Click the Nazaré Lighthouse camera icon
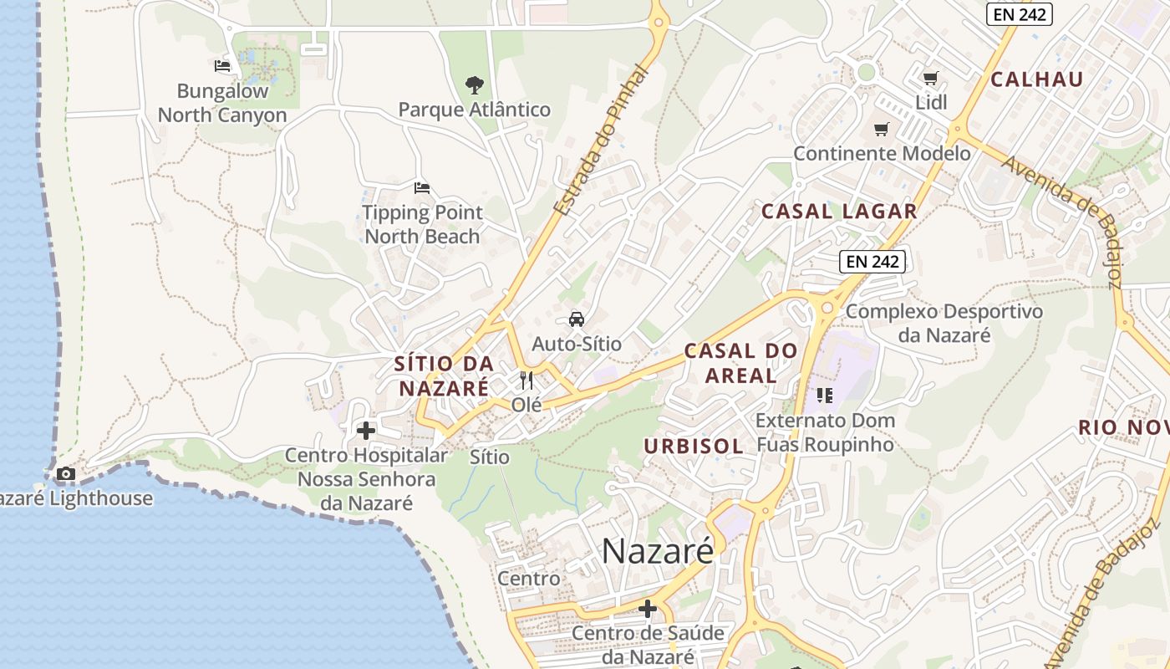pyautogui.click(x=65, y=474)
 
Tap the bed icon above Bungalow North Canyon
pyautogui.click(x=222, y=66)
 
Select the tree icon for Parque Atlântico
pyautogui.click(x=474, y=84)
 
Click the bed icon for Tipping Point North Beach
pyautogui.click(x=422, y=187)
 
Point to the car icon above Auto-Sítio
pyautogui.click(x=577, y=319)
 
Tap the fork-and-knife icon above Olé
pyautogui.click(x=526, y=380)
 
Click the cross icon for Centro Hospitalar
pyautogui.click(x=366, y=431)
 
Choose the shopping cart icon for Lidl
pyautogui.click(x=931, y=79)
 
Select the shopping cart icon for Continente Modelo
pyautogui.click(x=882, y=129)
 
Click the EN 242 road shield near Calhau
pyautogui.click(x=1019, y=14)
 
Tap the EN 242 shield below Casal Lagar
pyautogui.click(x=872, y=262)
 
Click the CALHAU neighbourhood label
pyautogui.click(x=1036, y=80)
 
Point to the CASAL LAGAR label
pyautogui.click(x=839, y=212)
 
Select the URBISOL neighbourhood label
pyautogui.click(x=694, y=447)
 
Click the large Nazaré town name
pyautogui.click(x=659, y=551)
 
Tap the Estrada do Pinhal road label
pyautogui.click(x=603, y=142)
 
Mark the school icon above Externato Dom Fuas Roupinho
pyautogui.click(x=825, y=396)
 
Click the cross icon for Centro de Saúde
pyautogui.click(x=648, y=608)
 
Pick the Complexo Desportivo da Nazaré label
pyautogui.click(x=944, y=324)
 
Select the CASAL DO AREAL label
pyautogui.click(x=740, y=363)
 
